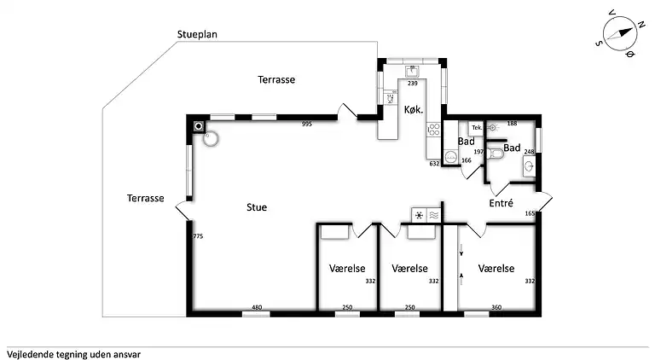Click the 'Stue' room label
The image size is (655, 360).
(256, 206)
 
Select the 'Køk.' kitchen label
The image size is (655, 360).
(414, 109)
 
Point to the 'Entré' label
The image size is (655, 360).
(501, 203)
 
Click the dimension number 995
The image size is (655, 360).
(308, 125)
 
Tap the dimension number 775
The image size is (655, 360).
(198, 236)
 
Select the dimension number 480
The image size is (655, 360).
(256, 307)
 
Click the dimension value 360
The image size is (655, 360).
(497, 307)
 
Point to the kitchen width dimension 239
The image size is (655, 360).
(413, 84)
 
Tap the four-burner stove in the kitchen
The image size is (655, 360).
(433, 130)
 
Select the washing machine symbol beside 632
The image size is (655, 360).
(450, 157)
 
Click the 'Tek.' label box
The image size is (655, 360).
(477, 127)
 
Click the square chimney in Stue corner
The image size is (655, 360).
(200, 125)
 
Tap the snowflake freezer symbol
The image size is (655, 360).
(419, 216)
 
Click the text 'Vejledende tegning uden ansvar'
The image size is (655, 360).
(73, 352)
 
